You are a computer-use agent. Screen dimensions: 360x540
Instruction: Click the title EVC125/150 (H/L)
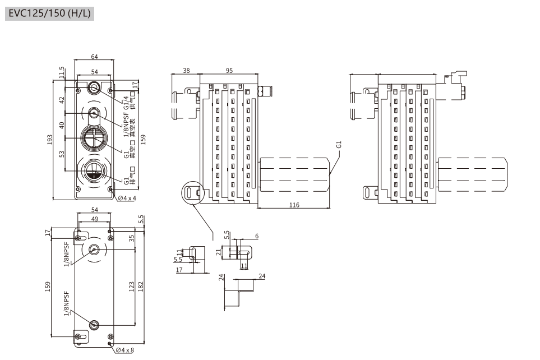(x=50, y=12)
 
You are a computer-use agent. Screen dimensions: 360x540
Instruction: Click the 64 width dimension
(x=94, y=57)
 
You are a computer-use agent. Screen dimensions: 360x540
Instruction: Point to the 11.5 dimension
(x=62, y=73)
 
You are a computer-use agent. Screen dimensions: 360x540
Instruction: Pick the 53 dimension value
(x=62, y=154)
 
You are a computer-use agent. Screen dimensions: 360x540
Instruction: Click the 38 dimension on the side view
(x=186, y=71)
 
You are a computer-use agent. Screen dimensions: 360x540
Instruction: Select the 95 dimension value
(x=229, y=71)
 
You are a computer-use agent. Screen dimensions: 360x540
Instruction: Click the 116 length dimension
(x=294, y=205)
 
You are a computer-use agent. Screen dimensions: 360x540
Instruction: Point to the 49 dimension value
(x=94, y=219)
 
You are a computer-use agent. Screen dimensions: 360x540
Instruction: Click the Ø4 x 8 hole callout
(x=125, y=350)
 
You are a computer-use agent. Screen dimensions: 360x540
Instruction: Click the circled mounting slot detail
(x=191, y=192)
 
